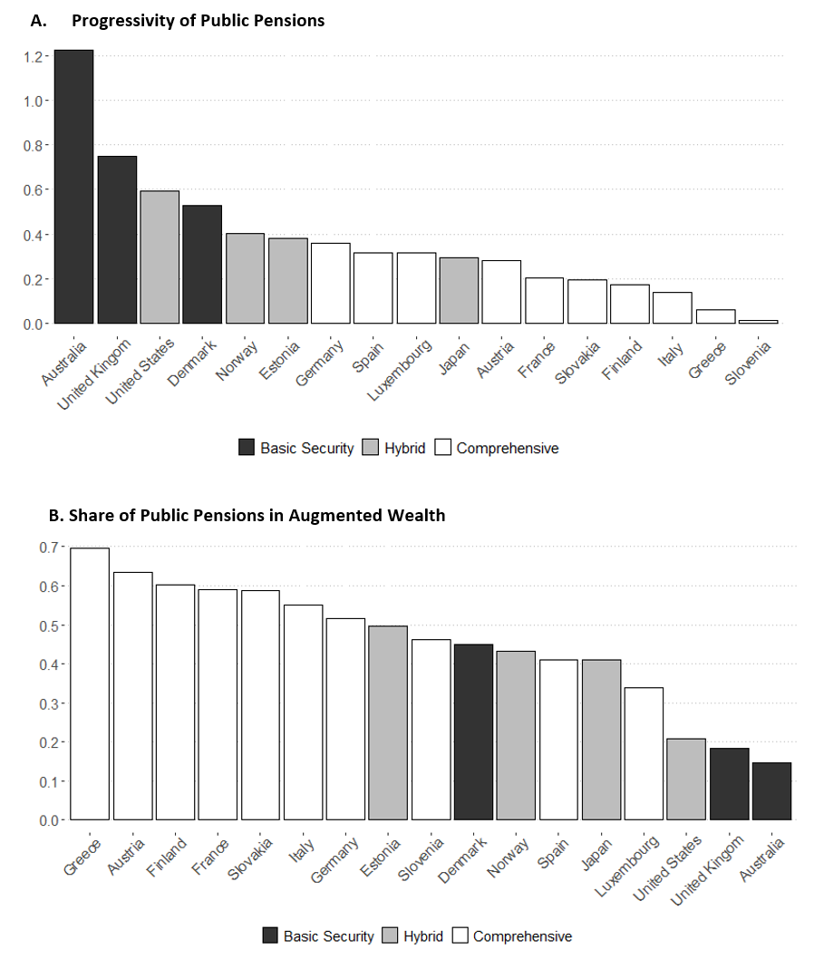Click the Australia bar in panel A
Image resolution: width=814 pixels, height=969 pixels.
click(x=73, y=186)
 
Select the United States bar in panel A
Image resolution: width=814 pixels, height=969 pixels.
click(x=160, y=257)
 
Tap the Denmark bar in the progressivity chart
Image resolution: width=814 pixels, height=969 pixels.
click(x=202, y=265)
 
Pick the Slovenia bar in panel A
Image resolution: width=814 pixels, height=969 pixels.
click(x=758, y=321)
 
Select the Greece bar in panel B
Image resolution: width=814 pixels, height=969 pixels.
click(x=90, y=684)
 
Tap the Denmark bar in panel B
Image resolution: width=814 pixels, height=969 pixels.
click(x=473, y=732)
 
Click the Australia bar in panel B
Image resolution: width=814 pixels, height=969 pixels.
click(x=771, y=791)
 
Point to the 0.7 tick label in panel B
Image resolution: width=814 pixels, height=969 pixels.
click(x=47, y=547)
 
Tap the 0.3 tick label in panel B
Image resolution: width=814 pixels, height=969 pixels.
click(x=47, y=703)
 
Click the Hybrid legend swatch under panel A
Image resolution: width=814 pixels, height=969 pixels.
click(x=371, y=448)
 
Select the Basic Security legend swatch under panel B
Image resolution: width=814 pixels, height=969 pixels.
click(x=270, y=936)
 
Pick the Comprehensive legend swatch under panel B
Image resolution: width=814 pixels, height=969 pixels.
click(x=460, y=936)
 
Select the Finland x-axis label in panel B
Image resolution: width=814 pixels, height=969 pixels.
click(x=168, y=855)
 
